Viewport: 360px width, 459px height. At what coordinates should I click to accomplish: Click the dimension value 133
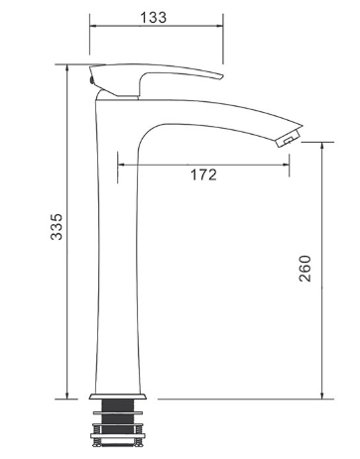[x=154, y=18]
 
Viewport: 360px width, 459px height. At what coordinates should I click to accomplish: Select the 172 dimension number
[x=203, y=174]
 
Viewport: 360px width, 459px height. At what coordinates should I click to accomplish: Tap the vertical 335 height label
[x=57, y=227]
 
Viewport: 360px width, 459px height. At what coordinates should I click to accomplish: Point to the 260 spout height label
[x=304, y=269]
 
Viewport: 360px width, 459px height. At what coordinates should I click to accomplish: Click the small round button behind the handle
[x=91, y=79]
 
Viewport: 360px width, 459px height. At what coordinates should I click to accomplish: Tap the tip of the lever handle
[x=222, y=76]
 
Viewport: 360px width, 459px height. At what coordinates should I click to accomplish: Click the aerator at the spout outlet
[x=289, y=138]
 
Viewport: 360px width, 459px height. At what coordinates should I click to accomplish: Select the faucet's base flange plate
[x=118, y=397]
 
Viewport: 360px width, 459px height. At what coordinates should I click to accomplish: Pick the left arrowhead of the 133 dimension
[x=93, y=26]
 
